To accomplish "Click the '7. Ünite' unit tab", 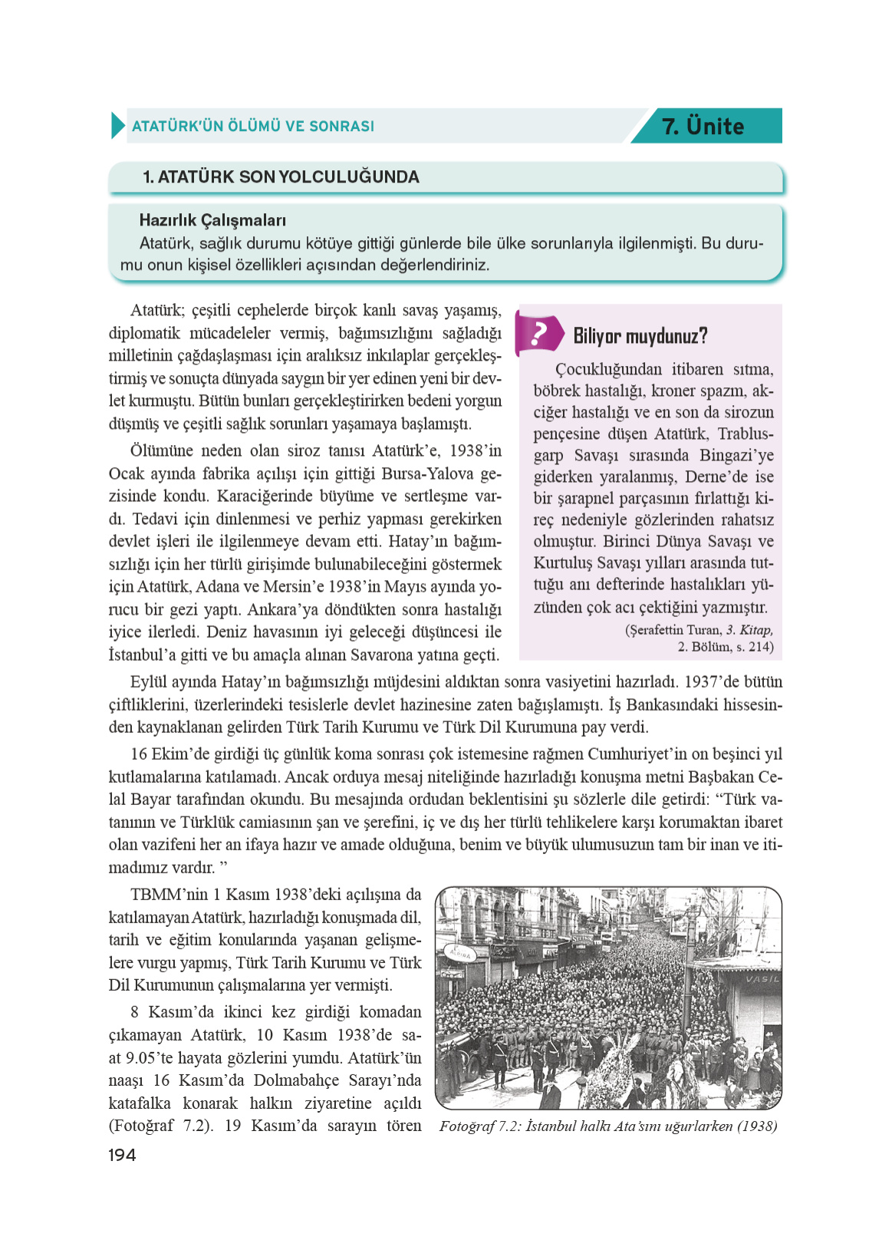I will (x=703, y=126).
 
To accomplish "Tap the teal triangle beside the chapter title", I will (x=117, y=126).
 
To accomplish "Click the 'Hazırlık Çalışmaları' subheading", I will (x=212, y=220).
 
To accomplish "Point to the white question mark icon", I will (x=538, y=334).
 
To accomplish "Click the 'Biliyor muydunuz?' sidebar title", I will (x=640, y=336).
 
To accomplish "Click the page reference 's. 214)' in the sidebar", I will (x=755, y=647).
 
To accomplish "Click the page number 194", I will (x=122, y=1155).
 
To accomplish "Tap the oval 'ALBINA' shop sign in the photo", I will (x=459, y=954).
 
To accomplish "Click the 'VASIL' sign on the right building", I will (x=762, y=979).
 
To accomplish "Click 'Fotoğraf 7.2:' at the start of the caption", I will (x=480, y=1126).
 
